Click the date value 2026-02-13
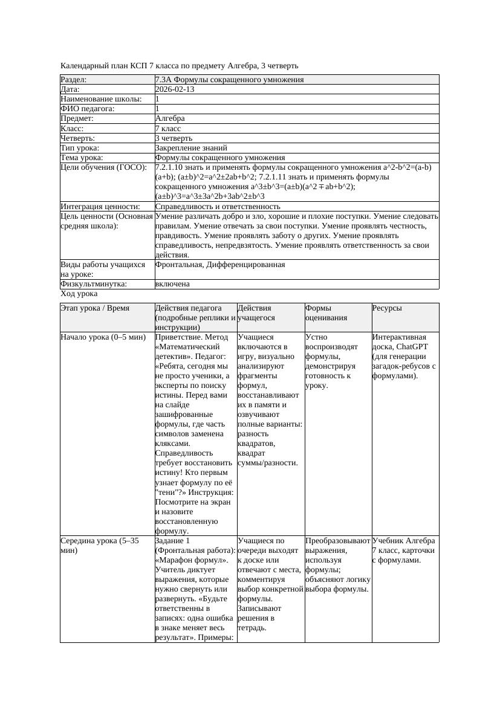(175, 89)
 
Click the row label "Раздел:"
(74, 80)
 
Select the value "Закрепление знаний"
(191, 148)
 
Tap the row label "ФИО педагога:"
(88, 109)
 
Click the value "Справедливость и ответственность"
(218, 207)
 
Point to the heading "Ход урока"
(79, 294)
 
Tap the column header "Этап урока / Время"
(95, 308)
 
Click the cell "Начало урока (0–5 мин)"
(100, 337)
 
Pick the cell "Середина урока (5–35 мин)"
(100, 545)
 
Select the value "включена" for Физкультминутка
(172, 284)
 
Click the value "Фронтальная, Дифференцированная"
(220, 265)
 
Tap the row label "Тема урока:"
(82, 158)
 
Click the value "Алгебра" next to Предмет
(170, 118)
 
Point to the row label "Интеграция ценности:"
(100, 207)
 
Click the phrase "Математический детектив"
(187, 352)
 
